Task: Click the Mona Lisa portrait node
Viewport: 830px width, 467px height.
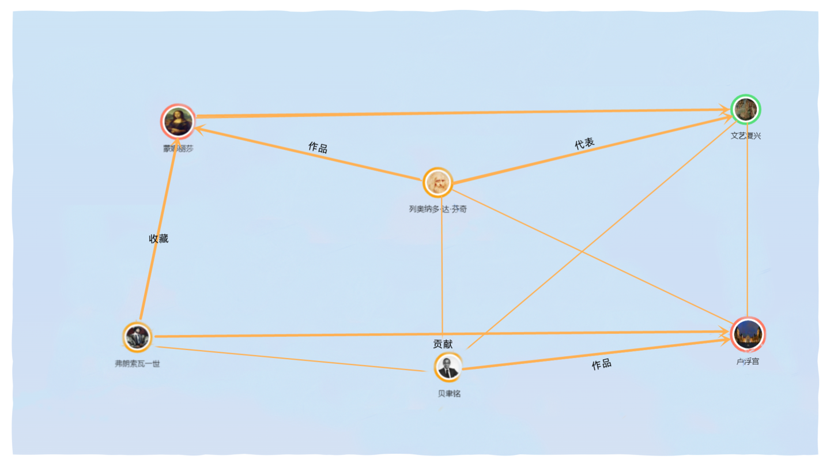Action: click(x=178, y=121)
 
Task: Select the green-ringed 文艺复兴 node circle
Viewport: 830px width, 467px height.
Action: click(x=746, y=110)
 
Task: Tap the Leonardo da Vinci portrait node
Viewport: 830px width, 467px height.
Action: click(x=438, y=182)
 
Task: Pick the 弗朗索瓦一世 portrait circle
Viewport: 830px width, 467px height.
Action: click(x=137, y=337)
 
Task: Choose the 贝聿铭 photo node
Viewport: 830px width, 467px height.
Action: click(x=448, y=367)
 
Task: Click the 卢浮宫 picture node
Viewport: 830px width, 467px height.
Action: click(x=747, y=334)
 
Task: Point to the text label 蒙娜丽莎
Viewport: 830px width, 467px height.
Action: click(x=178, y=149)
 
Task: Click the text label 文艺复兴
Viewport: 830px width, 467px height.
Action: click(x=746, y=136)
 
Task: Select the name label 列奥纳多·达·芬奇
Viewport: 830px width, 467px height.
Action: click(x=438, y=209)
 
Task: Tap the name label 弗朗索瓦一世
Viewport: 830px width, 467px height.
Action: click(x=137, y=364)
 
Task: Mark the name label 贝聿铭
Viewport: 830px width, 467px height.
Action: click(x=449, y=394)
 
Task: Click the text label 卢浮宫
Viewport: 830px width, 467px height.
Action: click(x=748, y=361)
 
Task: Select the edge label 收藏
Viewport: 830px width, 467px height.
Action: click(x=159, y=239)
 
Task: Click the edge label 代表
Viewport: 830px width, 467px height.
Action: click(x=584, y=144)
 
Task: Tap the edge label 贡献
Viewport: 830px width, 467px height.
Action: click(x=443, y=344)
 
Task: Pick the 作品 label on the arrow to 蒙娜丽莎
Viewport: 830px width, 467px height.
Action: click(x=318, y=148)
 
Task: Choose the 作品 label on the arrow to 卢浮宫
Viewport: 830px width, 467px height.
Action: click(x=601, y=364)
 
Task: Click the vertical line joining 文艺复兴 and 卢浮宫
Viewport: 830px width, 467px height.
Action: click(x=747, y=231)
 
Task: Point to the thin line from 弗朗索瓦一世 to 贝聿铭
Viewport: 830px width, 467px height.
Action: click(x=288, y=359)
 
